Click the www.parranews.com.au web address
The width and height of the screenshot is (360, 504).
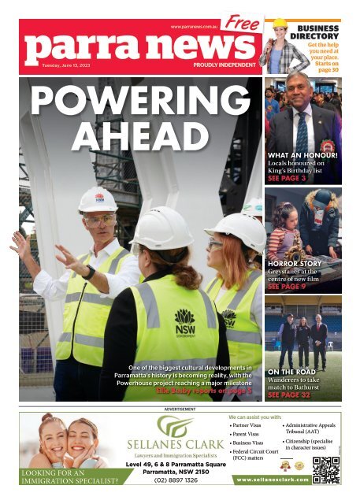coord(194,27)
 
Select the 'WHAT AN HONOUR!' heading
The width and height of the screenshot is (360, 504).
coord(303,156)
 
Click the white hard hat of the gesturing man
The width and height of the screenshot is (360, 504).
coord(98,200)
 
